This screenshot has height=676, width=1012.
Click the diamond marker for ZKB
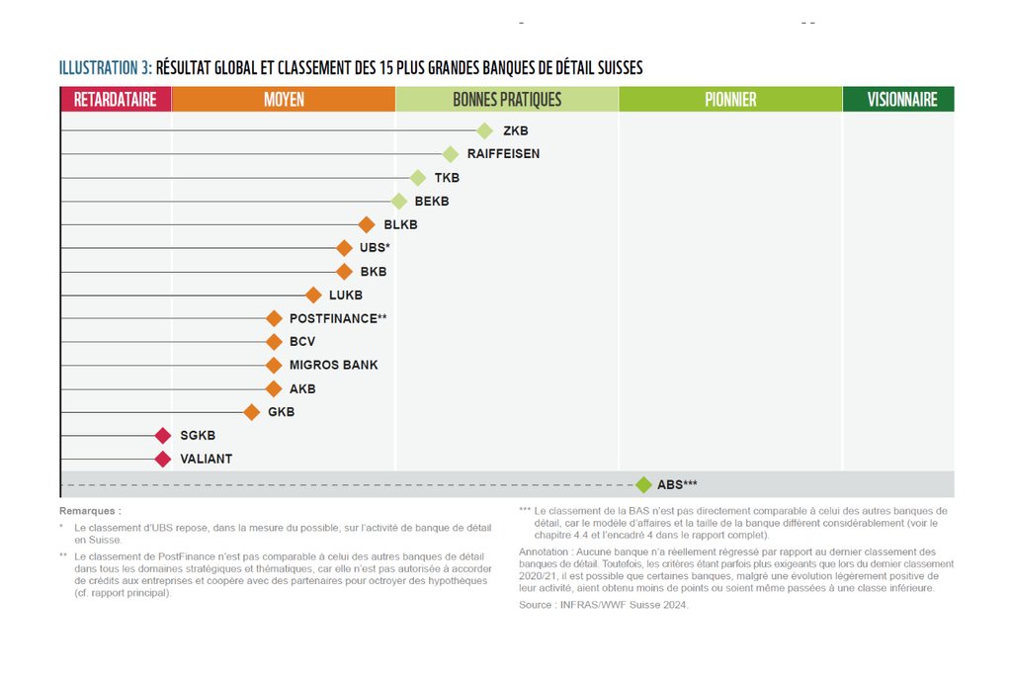pyautogui.click(x=484, y=130)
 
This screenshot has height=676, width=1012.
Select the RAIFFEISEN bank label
pyautogui.click(x=503, y=154)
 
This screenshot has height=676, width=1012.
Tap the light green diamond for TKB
pyautogui.click(x=417, y=178)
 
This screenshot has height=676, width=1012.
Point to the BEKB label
pyautogui.click(x=432, y=202)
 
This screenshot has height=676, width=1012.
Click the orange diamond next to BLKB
pyautogui.click(x=367, y=224)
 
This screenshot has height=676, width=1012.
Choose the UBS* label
pyautogui.click(x=375, y=248)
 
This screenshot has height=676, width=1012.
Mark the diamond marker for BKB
pyautogui.click(x=344, y=272)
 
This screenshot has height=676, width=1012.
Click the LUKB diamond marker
pyautogui.click(x=313, y=295)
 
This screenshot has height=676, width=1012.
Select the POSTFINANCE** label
pyautogui.click(x=337, y=318)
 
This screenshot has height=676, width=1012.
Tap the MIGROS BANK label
pyautogui.click(x=333, y=366)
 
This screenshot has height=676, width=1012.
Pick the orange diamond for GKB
pyautogui.click(x=252, y=412)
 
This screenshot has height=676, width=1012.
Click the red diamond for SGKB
pyautogui.click(x=163, y=436)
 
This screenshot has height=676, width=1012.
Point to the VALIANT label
pyautogui.click(x=206, y=460)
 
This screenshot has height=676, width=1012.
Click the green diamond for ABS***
pyautogui.click(x=643, y=484)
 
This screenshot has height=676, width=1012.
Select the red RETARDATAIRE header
pyautogui.click(x=116, y=99)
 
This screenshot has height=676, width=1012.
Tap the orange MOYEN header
pyautogui.click(x=284, y=99)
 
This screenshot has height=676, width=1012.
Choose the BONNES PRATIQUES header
pyautogui.click(x=507, y=99)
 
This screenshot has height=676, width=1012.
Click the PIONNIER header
pyautogui.click(x=730, y=99)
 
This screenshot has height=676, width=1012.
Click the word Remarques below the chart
pyautogui.click(x=90, y=511)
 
